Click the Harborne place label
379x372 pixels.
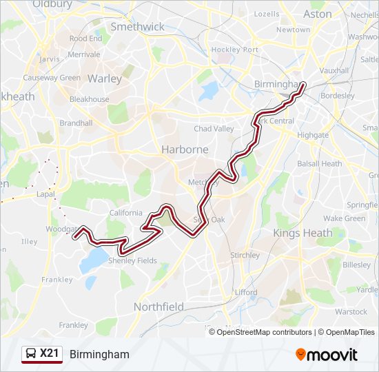(185, 149)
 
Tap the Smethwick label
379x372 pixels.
(138, 27)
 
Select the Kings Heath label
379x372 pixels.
(303, 233)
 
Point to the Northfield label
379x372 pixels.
(158, 306)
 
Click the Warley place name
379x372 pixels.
(105, 79)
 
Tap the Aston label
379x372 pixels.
(317, 14)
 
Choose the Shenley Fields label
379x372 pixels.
(133, 260)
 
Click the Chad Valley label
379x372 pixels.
(214, 129)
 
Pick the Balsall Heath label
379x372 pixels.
(319, 164)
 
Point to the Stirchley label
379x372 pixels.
(245, 255)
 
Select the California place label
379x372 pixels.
(125, 213)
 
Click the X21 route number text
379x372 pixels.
(50, 354)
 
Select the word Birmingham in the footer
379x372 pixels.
(99, 354)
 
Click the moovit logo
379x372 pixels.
(327, 355)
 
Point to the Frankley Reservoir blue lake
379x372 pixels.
(95, 260)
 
